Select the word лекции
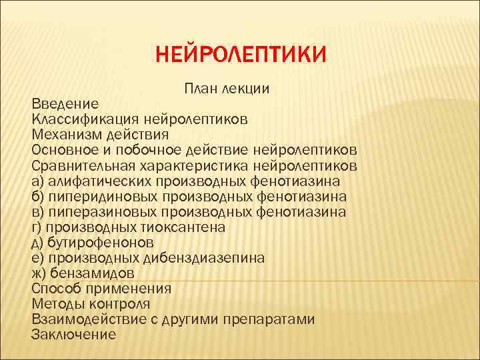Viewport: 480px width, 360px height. coord(248,89)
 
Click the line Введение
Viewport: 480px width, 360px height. coord(65,104)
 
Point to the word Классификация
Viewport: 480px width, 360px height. coord(84,119)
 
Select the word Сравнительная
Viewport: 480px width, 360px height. coord(83,165)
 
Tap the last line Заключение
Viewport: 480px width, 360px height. coord(73,335)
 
